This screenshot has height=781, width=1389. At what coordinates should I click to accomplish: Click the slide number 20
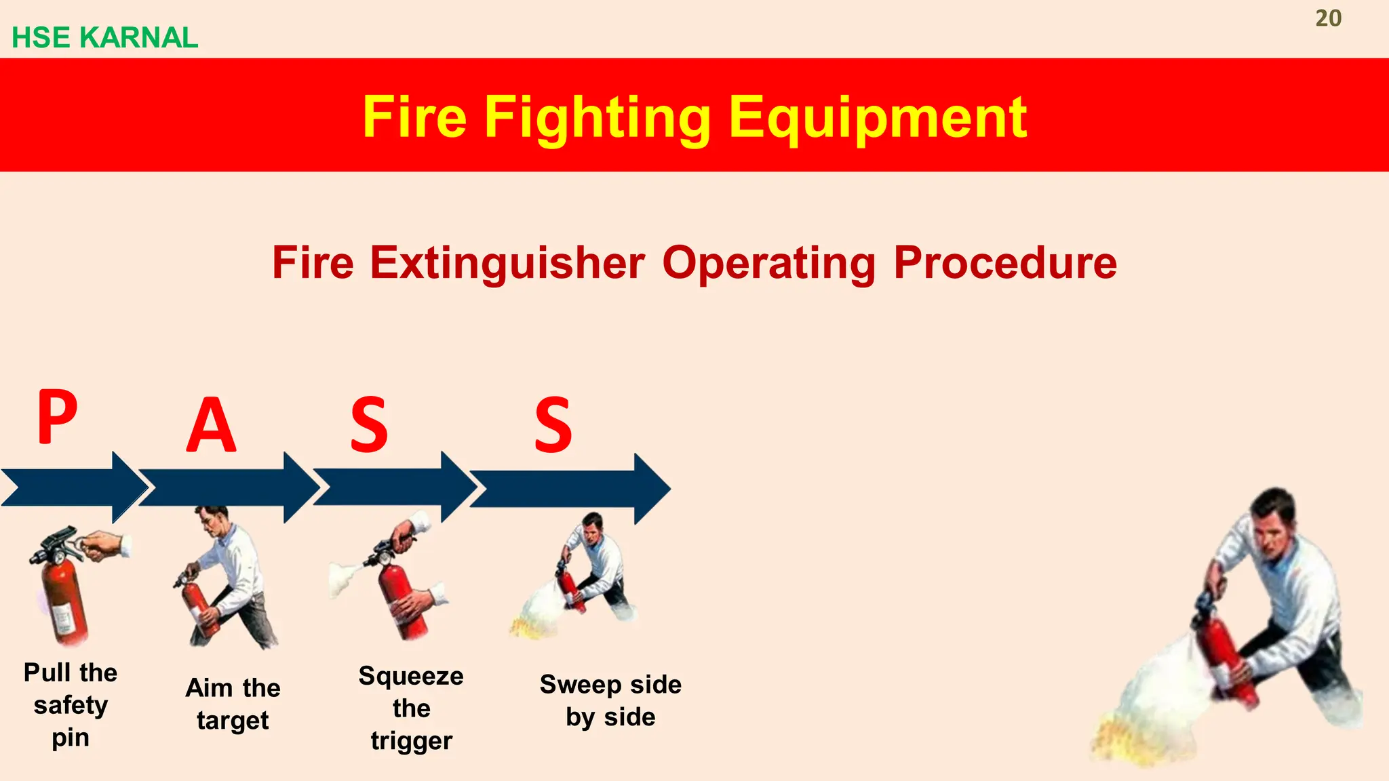(1328, 18)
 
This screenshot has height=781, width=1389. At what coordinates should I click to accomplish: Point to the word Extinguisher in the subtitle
(507, 263)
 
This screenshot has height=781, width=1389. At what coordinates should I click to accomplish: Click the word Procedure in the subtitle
(1004, 263)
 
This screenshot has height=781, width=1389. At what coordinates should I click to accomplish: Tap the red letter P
(57, 417)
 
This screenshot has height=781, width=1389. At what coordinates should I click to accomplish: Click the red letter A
(211, 426)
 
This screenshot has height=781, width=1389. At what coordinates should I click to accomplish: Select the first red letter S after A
(369, 426)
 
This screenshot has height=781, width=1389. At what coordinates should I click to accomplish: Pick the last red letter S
(553, 426)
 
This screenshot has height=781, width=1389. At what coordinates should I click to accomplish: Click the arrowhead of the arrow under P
(129, 488)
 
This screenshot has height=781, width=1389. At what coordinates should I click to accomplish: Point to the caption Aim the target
(233, 704)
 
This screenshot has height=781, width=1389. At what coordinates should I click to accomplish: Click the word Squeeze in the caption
(411, 676)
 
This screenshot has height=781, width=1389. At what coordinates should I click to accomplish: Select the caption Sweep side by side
(610, 700)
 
